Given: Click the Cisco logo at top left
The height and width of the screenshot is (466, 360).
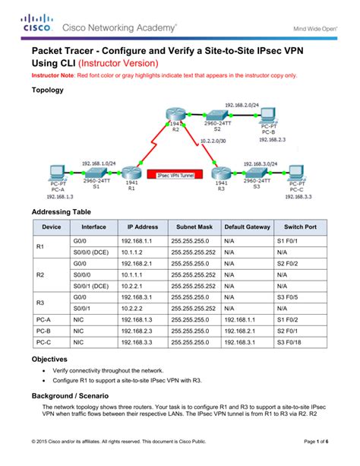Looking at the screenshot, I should pos(34,22).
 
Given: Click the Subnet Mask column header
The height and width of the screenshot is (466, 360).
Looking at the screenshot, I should pos(194,227).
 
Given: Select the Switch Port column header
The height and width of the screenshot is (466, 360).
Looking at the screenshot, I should pos(300,227).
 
